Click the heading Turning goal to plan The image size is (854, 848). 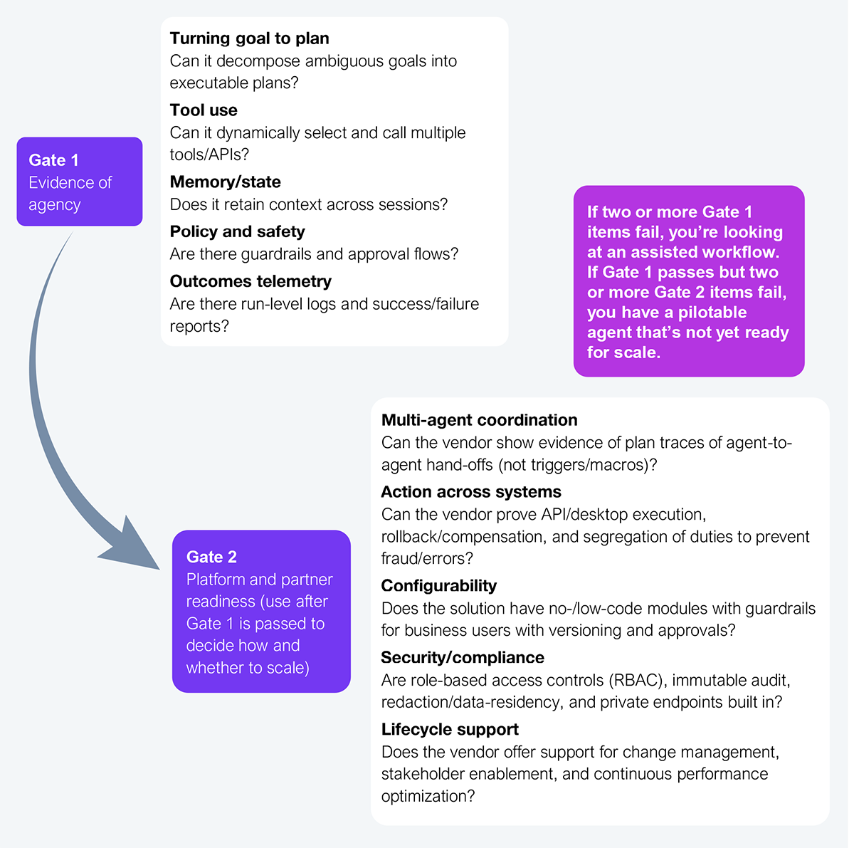tap(250, 38)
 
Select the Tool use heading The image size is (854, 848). tap(204, 110)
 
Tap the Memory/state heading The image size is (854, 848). tap(225, 182)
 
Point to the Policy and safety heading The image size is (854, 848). tap(238, 231)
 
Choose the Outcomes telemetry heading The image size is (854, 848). tap(251, 281)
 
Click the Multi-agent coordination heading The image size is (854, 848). tap(480, 420)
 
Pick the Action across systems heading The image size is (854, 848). tap(471, 492)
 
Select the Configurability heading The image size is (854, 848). tap(439, 586)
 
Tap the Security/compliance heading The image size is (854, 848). tap(463, 657)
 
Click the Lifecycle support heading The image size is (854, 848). tap(450, 729)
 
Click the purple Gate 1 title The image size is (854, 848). tap(53, 160)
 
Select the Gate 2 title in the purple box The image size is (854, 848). tap(211, 557)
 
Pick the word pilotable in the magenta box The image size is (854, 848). tap(712, 313)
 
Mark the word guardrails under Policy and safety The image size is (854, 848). tap(276, 254)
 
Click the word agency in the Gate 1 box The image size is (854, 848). tap(55, 205)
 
